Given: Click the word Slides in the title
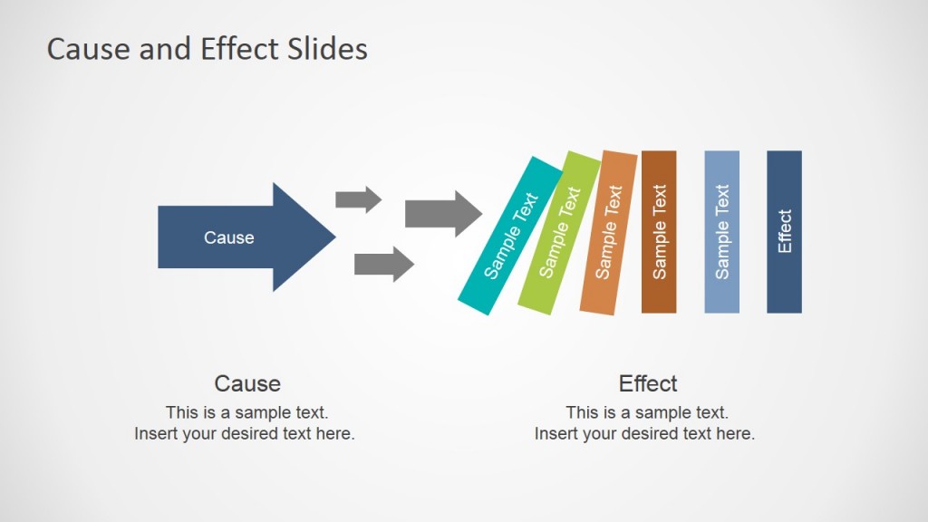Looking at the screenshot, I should (x=326, y=49).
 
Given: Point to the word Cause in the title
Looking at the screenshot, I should (x=87, y=49).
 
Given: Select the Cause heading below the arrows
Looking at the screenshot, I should (x=247, y=383).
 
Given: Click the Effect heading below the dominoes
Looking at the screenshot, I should (x=648, y=383).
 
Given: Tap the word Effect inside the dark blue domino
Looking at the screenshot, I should (x=785, y=232).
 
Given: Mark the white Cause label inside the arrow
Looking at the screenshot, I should (x=228, y=238).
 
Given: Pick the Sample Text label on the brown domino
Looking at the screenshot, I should (x=659, y=232).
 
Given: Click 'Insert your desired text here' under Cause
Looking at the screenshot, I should (x=245, y=434).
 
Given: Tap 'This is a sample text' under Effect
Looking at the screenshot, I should (x=647, y=413).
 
